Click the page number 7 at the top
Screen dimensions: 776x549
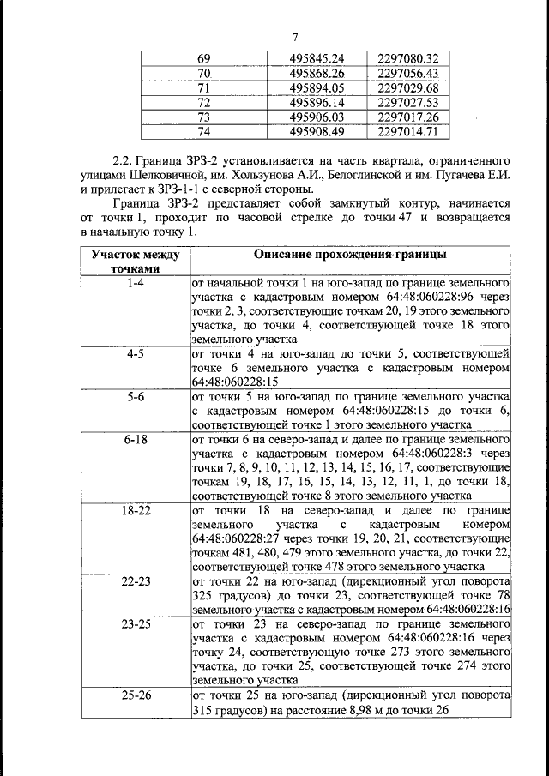tap(294, 36)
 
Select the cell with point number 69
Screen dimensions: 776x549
tap(203, 58)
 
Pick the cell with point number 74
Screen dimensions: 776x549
tap(203, 132)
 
